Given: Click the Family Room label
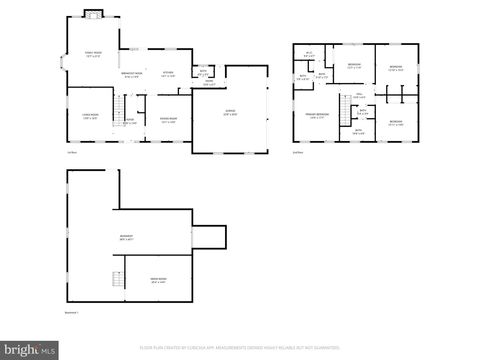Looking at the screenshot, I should pos(93,55).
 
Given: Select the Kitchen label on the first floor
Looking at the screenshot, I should pos(168,74).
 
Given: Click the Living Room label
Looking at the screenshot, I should pos(89,116).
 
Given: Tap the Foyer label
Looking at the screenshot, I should pos(129,121).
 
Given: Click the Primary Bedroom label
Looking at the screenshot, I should pos(317,117).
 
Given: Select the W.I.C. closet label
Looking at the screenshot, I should pos(309,54).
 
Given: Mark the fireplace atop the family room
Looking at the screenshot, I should pos(93,14).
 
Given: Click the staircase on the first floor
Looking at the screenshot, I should pos(117,106).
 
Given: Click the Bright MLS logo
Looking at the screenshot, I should pos(30,350).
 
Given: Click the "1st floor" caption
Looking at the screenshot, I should pos(72,152).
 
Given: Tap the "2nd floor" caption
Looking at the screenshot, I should pos(298,152).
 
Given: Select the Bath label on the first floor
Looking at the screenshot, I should pos(202,72).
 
